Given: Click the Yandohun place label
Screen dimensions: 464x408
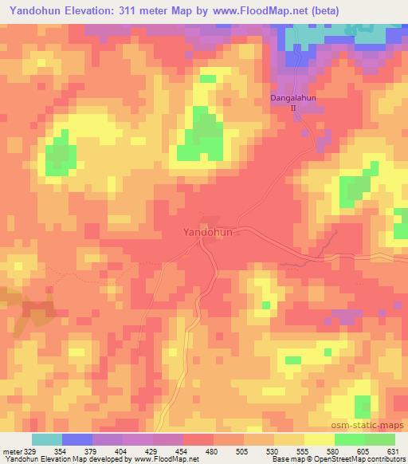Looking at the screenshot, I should click(x=207, y=232).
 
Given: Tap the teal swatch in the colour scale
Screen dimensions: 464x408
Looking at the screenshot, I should click(x=47, y=439).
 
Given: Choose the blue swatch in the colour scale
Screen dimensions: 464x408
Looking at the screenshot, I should click(x=77, y=439).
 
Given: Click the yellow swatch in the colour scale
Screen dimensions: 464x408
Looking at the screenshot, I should click(x=320, y=439).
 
